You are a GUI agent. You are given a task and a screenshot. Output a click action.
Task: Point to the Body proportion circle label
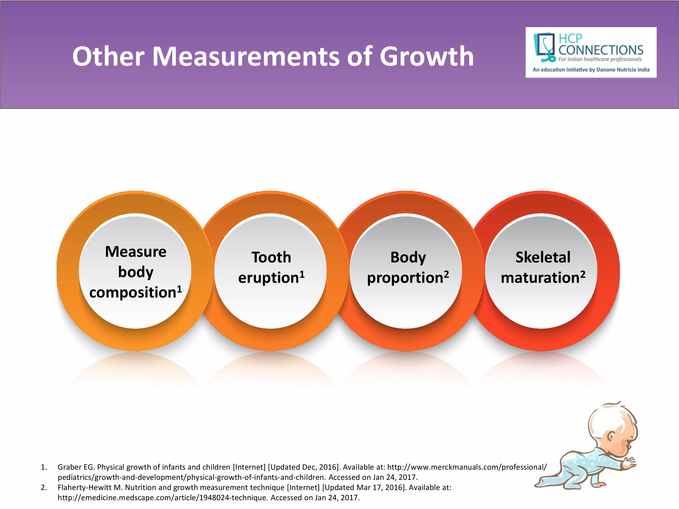coord(408,268)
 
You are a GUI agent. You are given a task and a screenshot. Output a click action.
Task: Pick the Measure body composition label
coord(136,272)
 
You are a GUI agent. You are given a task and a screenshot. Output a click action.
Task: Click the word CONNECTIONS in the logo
coord(601,50)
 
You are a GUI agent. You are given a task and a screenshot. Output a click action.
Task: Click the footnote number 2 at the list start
coord(44,488)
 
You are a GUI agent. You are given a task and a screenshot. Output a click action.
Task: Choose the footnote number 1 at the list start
coord(44,467)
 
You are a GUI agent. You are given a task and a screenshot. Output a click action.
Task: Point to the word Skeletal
coord(543,257)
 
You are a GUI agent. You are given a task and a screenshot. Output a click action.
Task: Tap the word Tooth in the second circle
coord(271,257)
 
